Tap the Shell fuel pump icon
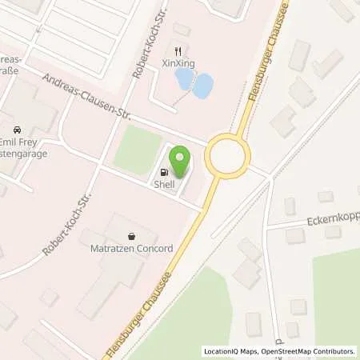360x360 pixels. [x=165, y=171]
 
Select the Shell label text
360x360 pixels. [x=165, y=183]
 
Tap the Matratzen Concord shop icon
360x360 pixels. [x=132, y=235]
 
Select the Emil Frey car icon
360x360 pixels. [x=17, y=130]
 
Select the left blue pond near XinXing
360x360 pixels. [x=184, y=79]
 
